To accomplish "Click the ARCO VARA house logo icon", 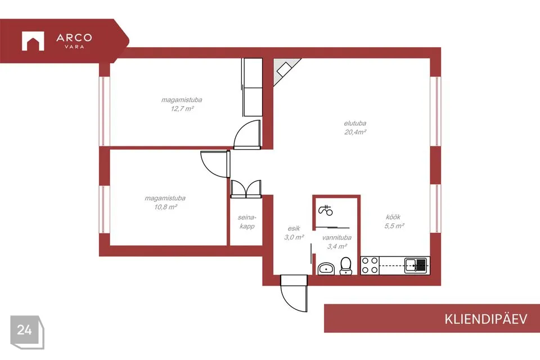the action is (x=33, y=41).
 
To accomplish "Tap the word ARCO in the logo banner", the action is (x=74, y=37).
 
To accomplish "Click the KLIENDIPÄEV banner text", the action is (x=486, y=319).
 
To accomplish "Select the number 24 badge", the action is (x=24, y=330).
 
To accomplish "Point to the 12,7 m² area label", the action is (x=182, y=109).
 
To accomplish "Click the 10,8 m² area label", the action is (x=165, y=207).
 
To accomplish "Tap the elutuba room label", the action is (x=355, y=123).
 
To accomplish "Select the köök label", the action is (x=393, y=217).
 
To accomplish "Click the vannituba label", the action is (x=337, y=238).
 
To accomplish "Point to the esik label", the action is (x=294, y=228).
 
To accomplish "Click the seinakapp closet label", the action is (x=247, y=222).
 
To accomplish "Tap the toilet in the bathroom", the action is (x=346, y=266).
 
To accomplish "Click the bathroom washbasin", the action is (x=326, y=268).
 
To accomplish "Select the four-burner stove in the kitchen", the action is (x=370, y=265).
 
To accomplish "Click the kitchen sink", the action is (x=416, y=265).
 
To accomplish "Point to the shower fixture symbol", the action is (x=326, y=210).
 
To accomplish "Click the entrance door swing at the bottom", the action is (x=294, y=293).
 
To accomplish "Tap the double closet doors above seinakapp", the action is (x=246, y=189).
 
